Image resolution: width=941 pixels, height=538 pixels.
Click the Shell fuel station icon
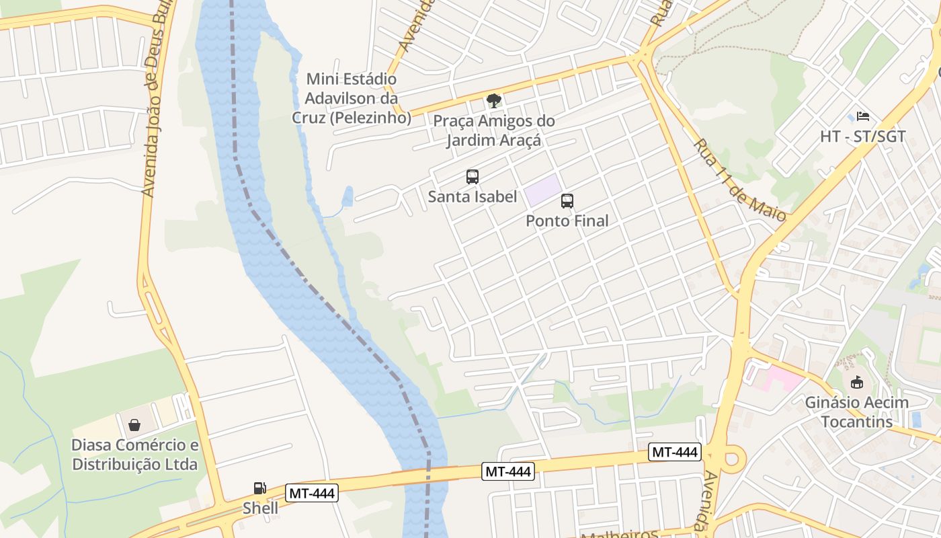(x=259, y=488)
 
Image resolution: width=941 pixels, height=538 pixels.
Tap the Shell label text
(x=260, y=508)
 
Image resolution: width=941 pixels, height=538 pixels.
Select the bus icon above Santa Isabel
(x=473, y=177)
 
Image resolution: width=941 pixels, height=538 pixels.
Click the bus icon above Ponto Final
(x=567, y=201)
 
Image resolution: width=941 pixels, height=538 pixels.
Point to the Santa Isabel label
(x=473, y=197)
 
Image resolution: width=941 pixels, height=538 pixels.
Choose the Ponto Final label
(x=567, y=221)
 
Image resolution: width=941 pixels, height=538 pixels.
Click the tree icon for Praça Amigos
(x=494, y=102)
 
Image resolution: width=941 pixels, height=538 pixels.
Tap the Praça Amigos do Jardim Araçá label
(x=494, y=131)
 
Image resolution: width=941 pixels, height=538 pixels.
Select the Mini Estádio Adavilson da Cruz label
(x=351, y=98)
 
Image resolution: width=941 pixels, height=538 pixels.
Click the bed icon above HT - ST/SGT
(x=863, y=116)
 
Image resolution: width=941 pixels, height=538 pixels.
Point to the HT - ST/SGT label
(x=863, y=137)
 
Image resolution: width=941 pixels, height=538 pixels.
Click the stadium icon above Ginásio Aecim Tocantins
(x=857, y=383)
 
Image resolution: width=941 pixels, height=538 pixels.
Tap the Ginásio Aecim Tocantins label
(x=857, y=412)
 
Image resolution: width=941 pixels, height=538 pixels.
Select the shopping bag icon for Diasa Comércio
(x=134, y=425)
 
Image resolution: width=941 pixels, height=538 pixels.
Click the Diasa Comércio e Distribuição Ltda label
(x=135, y=455)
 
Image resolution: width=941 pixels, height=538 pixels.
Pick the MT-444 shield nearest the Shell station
(x=312, y=493)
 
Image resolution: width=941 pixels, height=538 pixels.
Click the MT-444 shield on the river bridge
(x=509, y=472)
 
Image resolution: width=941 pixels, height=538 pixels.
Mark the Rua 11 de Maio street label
(x=739, y=180)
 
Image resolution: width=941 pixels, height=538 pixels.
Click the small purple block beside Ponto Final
(x=542, y=190)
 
